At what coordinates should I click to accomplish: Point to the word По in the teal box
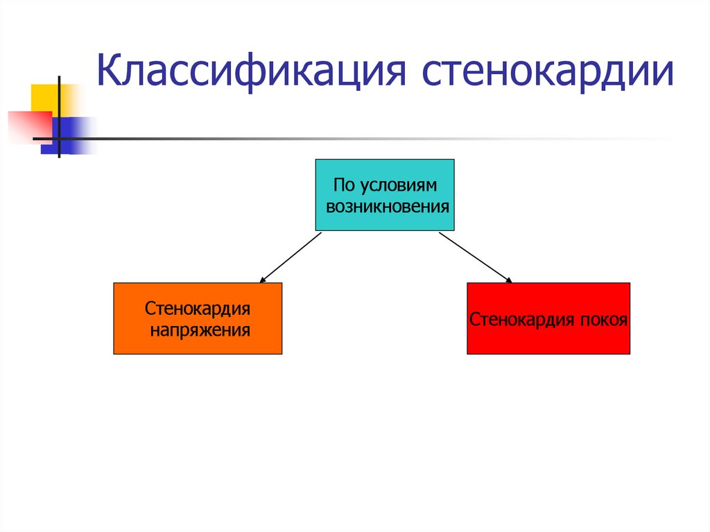tap(343, 186)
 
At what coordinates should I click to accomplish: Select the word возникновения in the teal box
tap(386, 206)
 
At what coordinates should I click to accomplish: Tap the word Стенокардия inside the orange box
tap(198, 307)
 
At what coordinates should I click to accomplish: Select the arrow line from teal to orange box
tap(291, 257)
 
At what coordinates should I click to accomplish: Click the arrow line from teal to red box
tap(475, 257)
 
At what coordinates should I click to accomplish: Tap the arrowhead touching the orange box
tap(263, 280)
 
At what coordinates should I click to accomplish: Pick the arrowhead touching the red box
tap(508, 280)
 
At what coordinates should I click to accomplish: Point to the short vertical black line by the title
tap(59, 118)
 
